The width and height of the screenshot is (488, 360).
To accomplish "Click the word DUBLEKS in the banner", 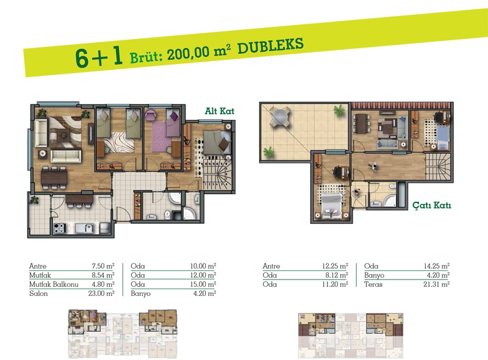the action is click(x=270, y=46).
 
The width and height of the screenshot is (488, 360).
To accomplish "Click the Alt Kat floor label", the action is click(x=220, y=111).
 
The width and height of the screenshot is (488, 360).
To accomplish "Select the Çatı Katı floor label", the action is click(x=432, y=205).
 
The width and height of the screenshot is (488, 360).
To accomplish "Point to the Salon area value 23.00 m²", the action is click(x=101, y=293).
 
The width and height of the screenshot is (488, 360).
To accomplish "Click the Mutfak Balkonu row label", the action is click(x=54, y=284).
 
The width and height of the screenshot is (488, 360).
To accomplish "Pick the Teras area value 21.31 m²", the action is click(x=436, y=284).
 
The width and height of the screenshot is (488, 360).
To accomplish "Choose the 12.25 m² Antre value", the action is click(x=335, y=266).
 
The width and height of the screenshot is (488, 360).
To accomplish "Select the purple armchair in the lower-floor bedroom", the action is click(x=151, y=115).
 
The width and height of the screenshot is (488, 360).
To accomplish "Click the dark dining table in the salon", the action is click(x=54, y=178).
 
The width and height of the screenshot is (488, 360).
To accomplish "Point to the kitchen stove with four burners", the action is click(x=59, y=228).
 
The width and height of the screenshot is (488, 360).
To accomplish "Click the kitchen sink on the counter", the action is click(x=84, y=228).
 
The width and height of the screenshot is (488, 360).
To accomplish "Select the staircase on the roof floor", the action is click(x=437, y=167).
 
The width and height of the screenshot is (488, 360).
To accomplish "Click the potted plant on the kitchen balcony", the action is click(x=34, y=200).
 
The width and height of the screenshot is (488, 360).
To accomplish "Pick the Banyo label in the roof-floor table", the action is click(x=374, y=275).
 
